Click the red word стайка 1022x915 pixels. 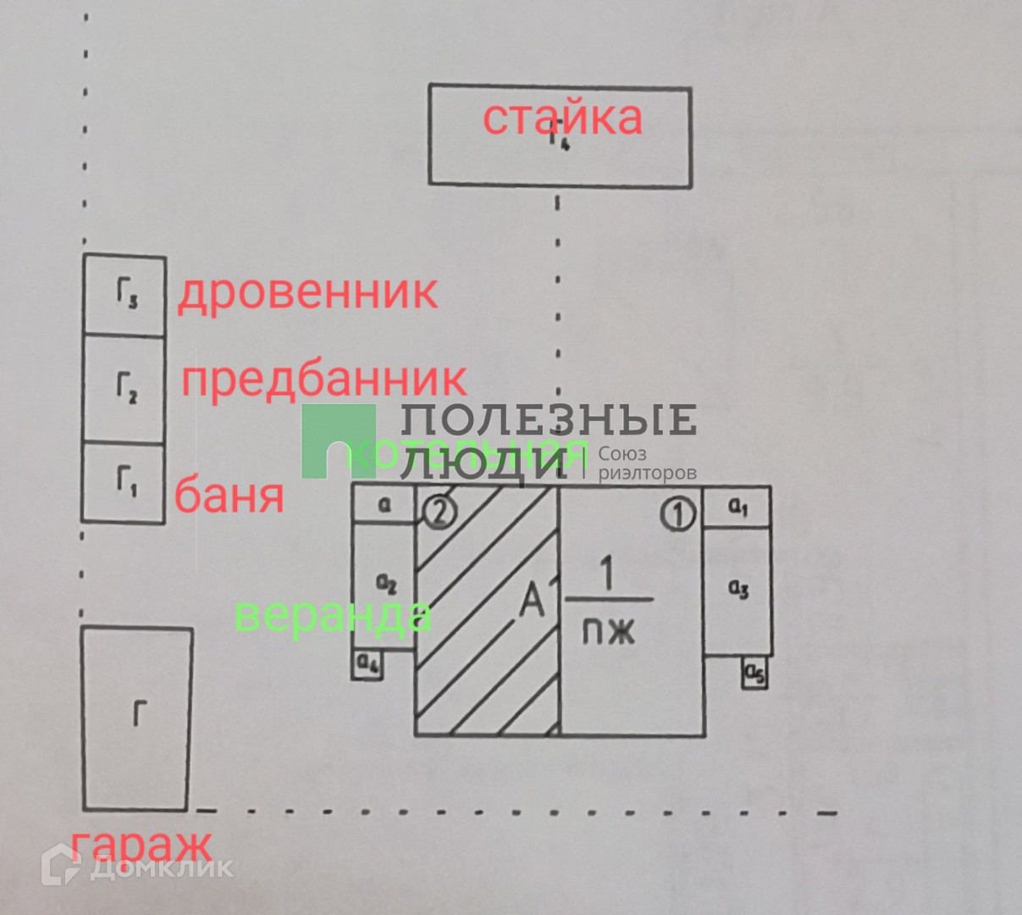(562, 118)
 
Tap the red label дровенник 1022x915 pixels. (307, 293)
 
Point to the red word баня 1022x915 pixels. (229, 495)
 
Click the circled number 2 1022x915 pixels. (440, 511)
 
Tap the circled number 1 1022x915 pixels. (677, 513)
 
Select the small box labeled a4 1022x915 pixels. (368, 664)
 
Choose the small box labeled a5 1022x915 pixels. (754, 673)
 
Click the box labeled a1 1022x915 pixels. (737, 507)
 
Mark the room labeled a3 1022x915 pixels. (737, 590)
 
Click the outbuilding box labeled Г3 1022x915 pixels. (124, 295)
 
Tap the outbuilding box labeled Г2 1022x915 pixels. (124, 388)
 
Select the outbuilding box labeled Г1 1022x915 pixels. (124, 482)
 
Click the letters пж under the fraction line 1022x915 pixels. (608, 631)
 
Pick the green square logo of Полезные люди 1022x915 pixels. (338, 441)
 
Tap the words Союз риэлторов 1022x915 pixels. (647, 463)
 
